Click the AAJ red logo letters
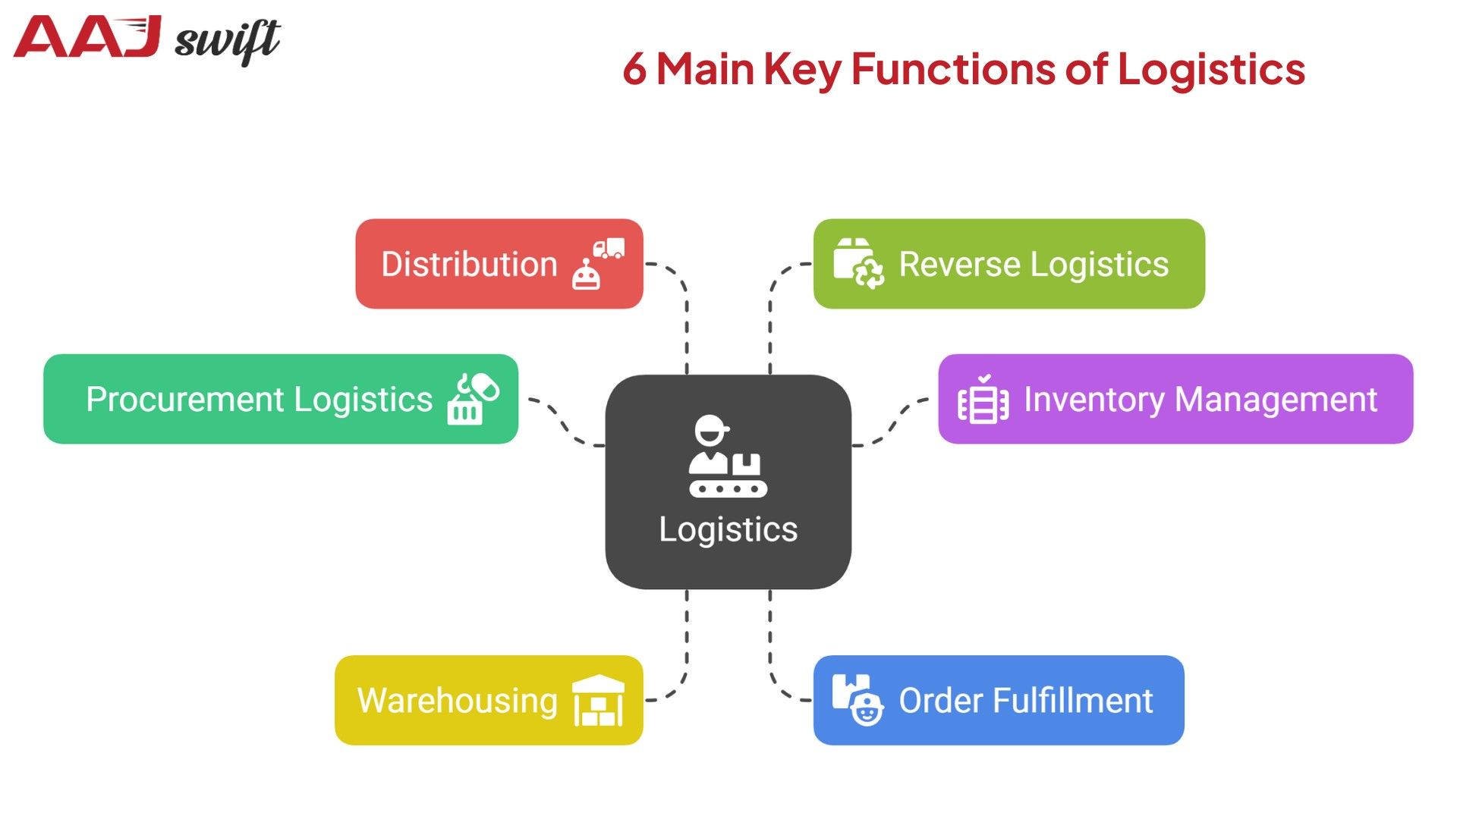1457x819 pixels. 87,38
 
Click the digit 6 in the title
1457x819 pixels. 634,69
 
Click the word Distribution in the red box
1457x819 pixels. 469,265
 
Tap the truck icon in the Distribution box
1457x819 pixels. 609,248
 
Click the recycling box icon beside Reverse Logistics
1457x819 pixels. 858,263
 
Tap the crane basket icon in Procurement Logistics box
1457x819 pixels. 472,399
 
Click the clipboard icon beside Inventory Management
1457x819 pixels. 983,400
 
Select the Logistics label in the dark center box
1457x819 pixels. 728,529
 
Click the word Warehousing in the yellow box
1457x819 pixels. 457,700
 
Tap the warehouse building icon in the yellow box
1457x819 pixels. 598,700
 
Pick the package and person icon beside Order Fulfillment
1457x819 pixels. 858,700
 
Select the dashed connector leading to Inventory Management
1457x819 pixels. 892,425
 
